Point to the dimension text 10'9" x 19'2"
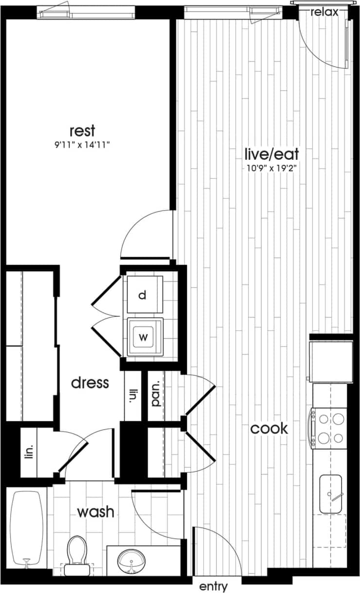click(271, 169)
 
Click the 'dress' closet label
click(90, 383)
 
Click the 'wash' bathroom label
click(96, 512)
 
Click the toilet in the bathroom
click(76, 553)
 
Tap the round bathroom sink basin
click(131, 561)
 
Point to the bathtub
click(26, 529)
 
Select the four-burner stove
click(330, 427)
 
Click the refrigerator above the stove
click(331, 361)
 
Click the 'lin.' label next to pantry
click(132, 395)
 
